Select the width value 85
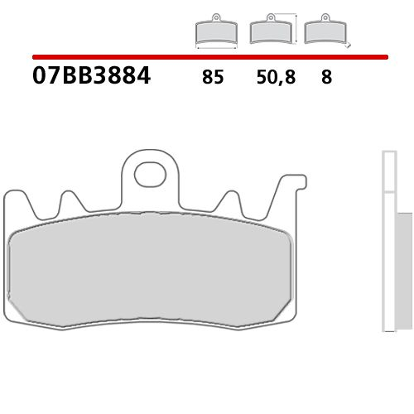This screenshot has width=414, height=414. point(212,79)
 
